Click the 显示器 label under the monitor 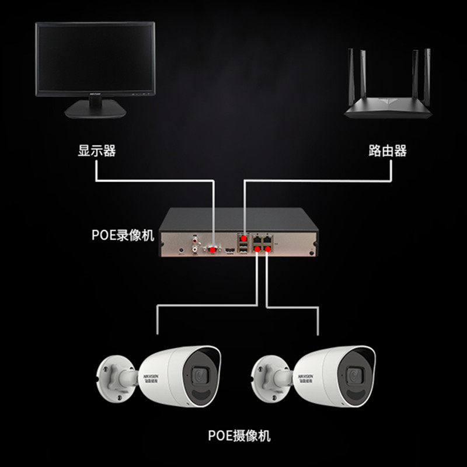[x=97, y=151]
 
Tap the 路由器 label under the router [x=388, y=151]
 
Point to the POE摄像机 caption [x=239, y=435]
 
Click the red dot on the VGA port [x=214, y=249]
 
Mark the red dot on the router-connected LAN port [x=244, y=238]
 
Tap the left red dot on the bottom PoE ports [x=257, y=250]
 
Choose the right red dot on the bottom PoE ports [x=268, y=250]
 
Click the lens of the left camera [x=200, y=374]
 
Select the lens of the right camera [x=354, y=374]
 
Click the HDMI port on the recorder [x=230, y=250]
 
